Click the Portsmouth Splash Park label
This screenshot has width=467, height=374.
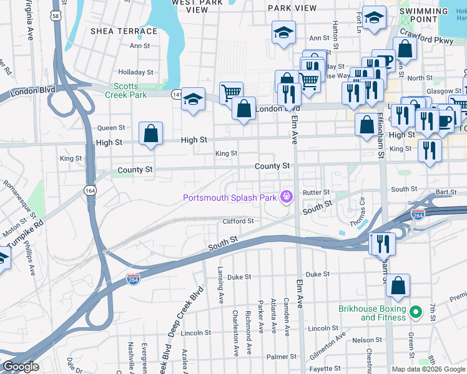click(x=229, y=198)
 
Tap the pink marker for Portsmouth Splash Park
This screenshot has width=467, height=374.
click(x=287, y=198)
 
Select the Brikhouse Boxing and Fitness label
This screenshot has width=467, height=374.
click(x=372, y=313)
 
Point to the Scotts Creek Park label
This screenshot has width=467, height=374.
click(x=130, y=90)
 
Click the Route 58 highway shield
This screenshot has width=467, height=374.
click(x=57, y=17)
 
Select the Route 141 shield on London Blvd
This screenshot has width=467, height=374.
click(x=177, y=94)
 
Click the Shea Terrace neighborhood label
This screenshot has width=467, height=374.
click(x=124, y=31)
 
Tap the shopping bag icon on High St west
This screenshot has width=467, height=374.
click(x=150, y=133)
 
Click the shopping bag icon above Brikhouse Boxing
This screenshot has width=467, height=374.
click(x=398, y=286)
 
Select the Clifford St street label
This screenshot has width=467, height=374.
click(x=238, y=221)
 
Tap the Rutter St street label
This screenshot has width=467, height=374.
click(x=316, y=193)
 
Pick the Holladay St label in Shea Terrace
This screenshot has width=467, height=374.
click(x=136, y=72)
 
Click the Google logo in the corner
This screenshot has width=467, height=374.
click(x=21, y=367)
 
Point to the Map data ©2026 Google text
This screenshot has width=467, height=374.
click(x=428, y=369)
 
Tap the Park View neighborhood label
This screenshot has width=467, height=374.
click(x=292, y=7)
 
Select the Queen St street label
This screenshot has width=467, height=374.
click(x=111, y=128)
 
